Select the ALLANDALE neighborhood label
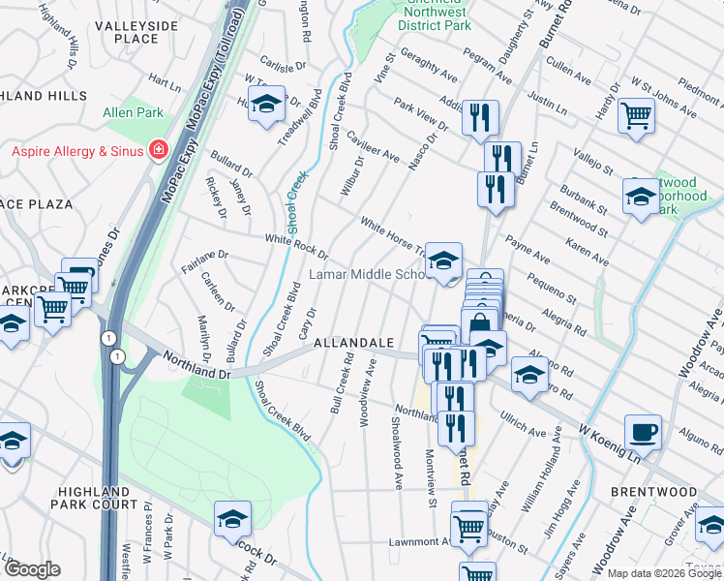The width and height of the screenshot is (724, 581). (x=352, y=344)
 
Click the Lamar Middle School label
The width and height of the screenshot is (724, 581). (x=368, y=274)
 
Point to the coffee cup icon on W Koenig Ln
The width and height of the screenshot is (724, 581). (x=643, y=430)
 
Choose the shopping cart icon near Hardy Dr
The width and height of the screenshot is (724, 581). (x=636, y=115)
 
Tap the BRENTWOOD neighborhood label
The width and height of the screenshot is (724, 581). (x=654, y=492)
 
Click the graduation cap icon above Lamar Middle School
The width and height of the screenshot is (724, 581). (x=443, y=260)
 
